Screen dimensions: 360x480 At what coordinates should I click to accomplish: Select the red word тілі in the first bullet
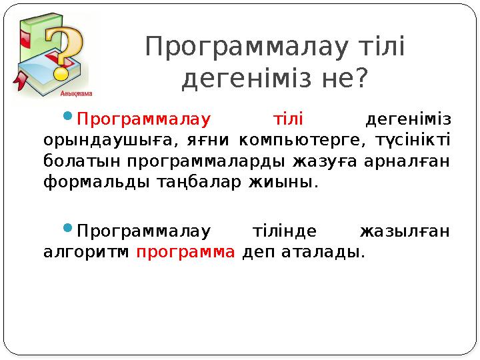pyautogui.click(x=289, y=120)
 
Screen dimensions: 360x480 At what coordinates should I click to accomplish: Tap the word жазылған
pyautogui.click(x=405, y=232)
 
